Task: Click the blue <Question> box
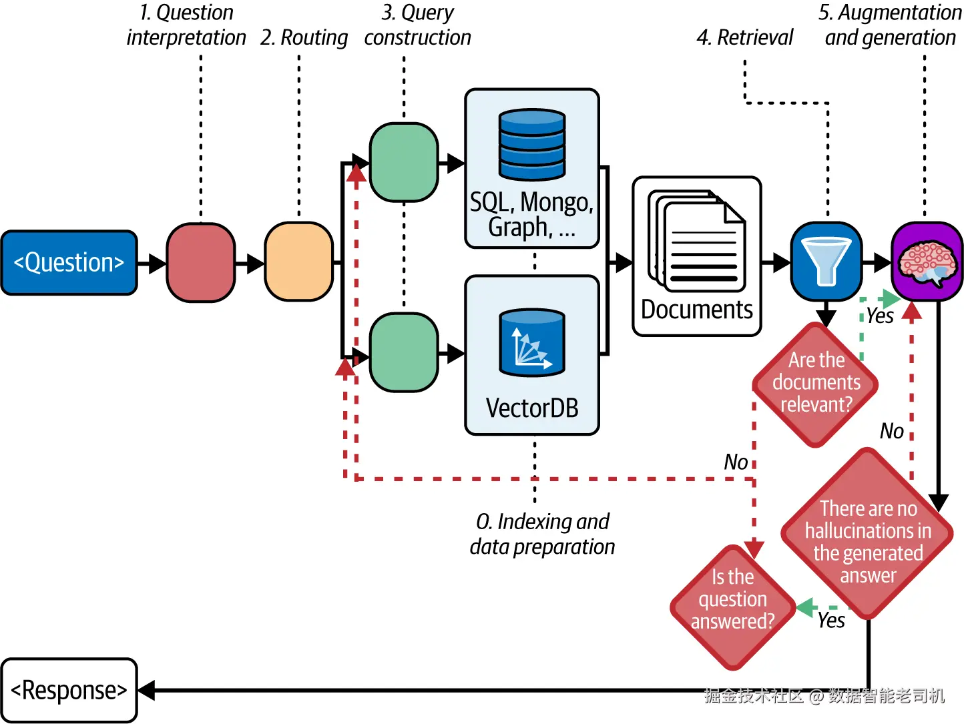coord(69,263)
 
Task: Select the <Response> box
coord(69,690)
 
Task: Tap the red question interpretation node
coord(200,263)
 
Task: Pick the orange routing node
coord(298,262)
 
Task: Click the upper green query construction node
coord(403,162)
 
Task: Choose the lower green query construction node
coord(403,352)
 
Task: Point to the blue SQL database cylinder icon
coord(532,145)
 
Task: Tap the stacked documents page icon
coord(697,242)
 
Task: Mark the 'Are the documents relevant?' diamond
coord(816,384)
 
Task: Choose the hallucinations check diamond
coord(868,534)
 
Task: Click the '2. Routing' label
coord(304,37)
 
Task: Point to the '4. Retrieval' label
coord(745,37)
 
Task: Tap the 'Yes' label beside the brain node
coord(880,316)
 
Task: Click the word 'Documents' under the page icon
coord(697,310)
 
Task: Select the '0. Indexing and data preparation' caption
coord(542,534)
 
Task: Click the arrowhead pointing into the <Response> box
coord(147,690)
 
